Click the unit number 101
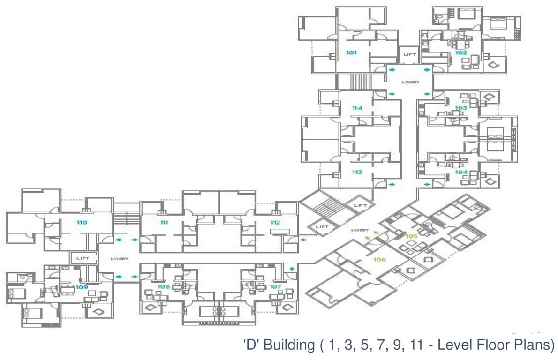click(x=352, y=52)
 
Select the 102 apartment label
click(x=461, y=52)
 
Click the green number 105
click(x=412, y=236)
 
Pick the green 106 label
click(x=379, y=259)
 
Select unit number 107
click(x=275, y=286)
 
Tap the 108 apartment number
click(x=163, y=286)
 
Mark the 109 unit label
click(x=82, y=286)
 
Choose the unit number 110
click(x=82, y=222)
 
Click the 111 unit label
click(x=164, y=222)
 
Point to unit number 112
click(x=275, y=222)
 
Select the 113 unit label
click(x=357, y=172)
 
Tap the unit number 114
click(x=357, y=108)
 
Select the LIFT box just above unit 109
click(x=83, y=258)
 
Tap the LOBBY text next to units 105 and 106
click(x=361, y=230)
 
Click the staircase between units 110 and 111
click(x=126, y=218)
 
